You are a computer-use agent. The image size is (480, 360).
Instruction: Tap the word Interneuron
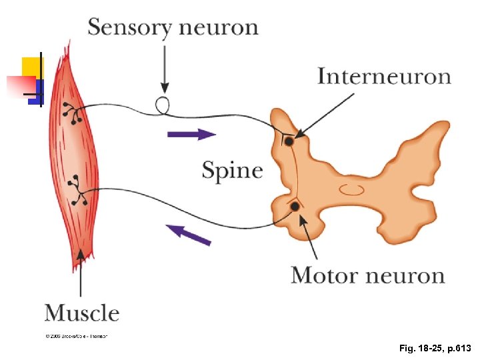pyautogui.click(x=384, y=76)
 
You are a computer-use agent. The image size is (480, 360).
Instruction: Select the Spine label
pyautogui.click(x=232, y=170)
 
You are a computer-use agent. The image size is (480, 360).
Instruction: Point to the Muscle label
pyautogui.click(x=82, y=312)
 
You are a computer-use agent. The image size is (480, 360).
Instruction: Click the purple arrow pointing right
pyautogui.click(x=191, y=134)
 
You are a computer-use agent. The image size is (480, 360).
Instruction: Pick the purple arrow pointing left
pyautogui.click(x=189, y=234)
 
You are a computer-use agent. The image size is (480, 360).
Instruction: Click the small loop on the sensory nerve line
pyautogui.click(x=163, y=105)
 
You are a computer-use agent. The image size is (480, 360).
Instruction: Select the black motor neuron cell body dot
pyautogui.click(x=294, y=207)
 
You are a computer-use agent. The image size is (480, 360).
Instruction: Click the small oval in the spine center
pyautogui.click(x=351, y=189)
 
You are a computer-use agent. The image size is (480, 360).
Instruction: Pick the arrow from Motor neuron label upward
pyautogui.click(x=308, y=237)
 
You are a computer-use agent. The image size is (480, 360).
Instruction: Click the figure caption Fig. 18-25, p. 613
pyautogui.click(x=435, y=348)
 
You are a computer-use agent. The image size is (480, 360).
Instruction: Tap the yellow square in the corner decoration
pyautogui.click(x=31, y=67)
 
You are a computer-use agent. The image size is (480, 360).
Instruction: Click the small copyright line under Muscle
pyautogui.click(x=76, y=336)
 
